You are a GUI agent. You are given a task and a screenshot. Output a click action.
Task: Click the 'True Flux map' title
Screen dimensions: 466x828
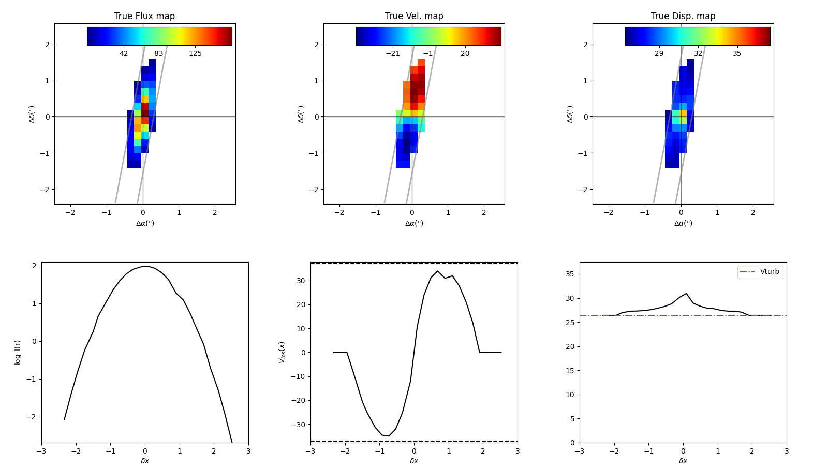tap(144, 16)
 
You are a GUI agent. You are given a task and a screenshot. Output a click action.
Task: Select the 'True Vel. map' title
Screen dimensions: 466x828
tap(414, 16)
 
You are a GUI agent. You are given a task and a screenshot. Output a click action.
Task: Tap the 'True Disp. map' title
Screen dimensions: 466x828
tap(683, 16)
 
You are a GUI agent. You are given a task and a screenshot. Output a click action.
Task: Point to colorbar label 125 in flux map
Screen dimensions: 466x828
tap(195, 54)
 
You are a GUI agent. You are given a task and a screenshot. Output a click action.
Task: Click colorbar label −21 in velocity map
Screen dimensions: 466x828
tap(393, 54)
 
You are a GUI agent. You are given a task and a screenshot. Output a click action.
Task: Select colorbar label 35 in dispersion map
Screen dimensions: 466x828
tap(737, 54)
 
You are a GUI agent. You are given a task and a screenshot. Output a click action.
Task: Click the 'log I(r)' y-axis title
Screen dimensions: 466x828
tap(18, 352)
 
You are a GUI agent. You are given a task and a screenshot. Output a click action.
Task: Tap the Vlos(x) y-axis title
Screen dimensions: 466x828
tap(282, 352)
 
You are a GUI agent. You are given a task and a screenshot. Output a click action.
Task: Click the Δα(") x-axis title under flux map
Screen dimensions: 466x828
tap(145, 223)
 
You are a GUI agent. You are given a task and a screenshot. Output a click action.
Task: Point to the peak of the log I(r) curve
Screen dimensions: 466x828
tap(147, 266)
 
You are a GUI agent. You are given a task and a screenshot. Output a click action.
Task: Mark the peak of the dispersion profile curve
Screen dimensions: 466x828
tap(686, 294)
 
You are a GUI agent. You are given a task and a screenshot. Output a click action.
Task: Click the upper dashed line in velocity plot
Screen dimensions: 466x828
tap(414, 264)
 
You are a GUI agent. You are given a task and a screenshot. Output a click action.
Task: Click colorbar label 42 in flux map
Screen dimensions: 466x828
tap(124, 54)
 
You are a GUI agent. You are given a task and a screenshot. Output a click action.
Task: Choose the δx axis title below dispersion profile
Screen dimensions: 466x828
tap(683, 461)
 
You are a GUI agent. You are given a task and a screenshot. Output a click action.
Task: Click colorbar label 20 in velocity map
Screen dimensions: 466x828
tap(465, 54)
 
